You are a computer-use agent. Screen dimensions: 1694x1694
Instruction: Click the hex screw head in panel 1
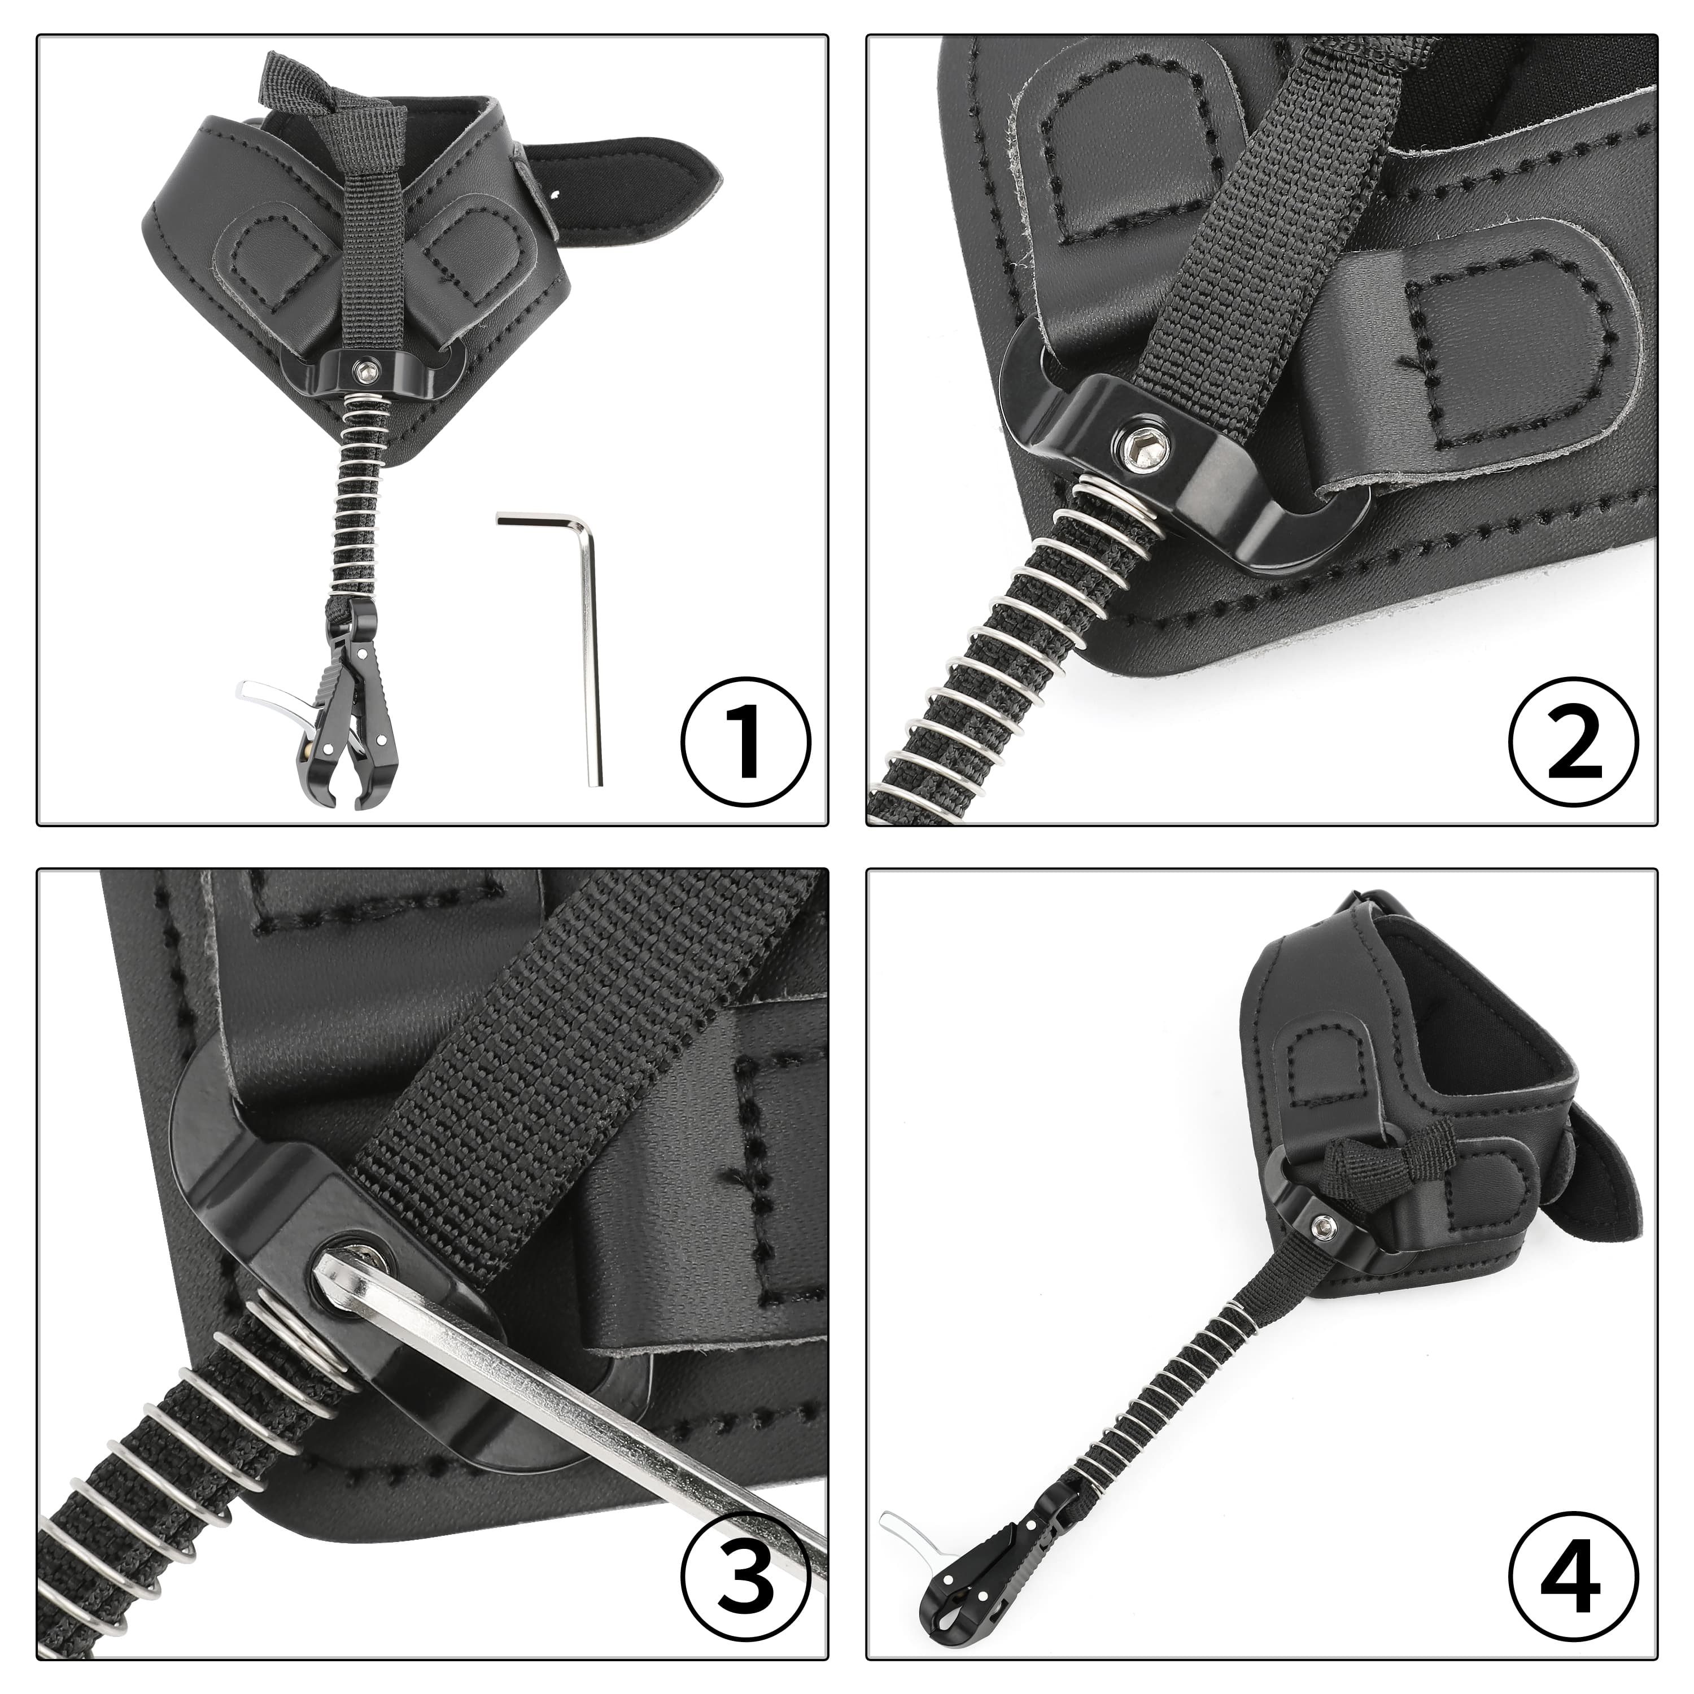click(x=363, y=373)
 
